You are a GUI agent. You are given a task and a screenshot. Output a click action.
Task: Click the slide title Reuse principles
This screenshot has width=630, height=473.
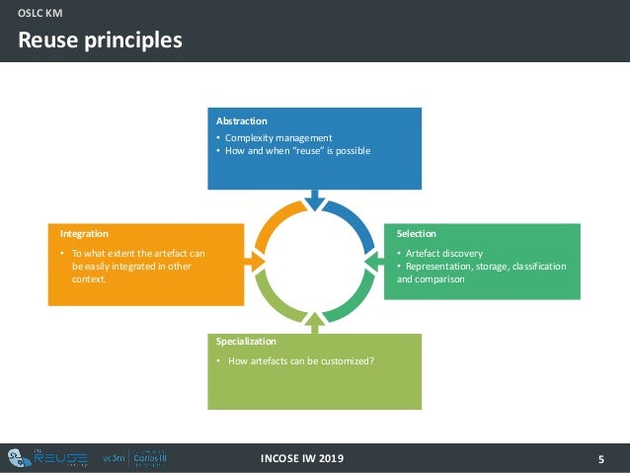(x=101, y=40)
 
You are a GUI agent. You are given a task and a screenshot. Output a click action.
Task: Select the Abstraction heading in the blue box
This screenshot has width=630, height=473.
(x=242, y=121)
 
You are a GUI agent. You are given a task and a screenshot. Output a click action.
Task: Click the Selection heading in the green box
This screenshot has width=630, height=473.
(x=416, y=234)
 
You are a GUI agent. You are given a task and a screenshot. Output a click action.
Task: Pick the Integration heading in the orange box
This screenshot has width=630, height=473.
(x=84, y=234)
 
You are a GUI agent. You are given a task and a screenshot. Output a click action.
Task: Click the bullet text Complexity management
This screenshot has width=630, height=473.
(x=278, y=137)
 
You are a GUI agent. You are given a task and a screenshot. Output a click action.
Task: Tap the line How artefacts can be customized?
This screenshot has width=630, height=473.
(x=300, y=360)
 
